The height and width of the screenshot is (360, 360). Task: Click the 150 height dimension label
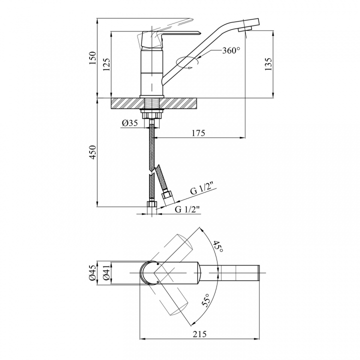click(x=92, y=58)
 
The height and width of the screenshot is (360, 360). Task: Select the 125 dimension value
click(x=106, y=64)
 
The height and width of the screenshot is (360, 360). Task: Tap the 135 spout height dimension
click(x=268, y=64)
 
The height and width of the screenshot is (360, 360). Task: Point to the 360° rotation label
click(x=231, y=50)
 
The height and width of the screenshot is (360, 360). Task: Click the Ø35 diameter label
click(x=130, y=123)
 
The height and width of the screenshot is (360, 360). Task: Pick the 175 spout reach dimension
click(x=198, y=133)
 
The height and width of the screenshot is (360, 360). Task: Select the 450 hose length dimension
click(x=92, y=152)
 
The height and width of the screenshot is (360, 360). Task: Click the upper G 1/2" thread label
click(x=202, y=190)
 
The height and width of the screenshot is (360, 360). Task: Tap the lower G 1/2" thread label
click(x=186, y=209)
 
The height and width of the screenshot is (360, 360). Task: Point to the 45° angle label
click(x=217, y=246)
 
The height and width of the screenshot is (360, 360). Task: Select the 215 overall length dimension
click(x=199, y=334)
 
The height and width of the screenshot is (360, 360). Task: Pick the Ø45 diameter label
click(x=92, y=273)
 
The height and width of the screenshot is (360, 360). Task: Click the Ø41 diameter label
click(x=106, y=273)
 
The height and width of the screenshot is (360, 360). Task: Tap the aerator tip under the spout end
click(x=245, y=29)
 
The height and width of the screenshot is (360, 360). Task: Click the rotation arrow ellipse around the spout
click(x=187, y=62)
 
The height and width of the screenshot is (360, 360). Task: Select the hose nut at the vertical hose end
click(x=152, y=204)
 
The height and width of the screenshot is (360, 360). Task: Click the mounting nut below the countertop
click(x=151, y=114)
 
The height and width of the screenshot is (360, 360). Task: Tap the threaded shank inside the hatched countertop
click(x=151, y=103)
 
